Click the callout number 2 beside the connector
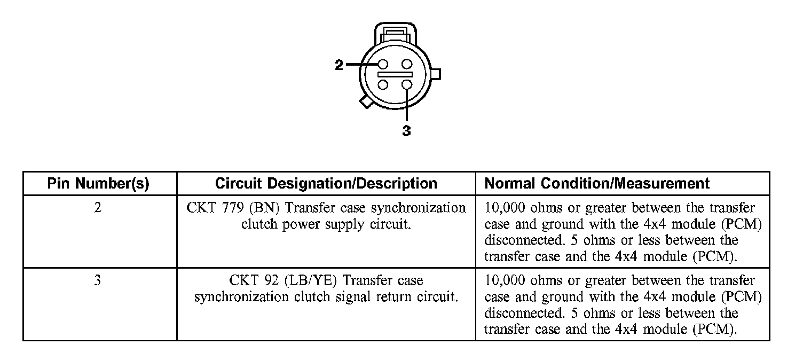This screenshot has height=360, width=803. pyautogui.click(x=339, y=65)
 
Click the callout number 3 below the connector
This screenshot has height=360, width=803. pyautogui.click(x=406, y=131)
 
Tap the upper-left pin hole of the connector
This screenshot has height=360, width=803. pyautogui.click(x=383, y=65)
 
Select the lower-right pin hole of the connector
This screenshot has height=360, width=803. pyautogui.click(x=407, y=84)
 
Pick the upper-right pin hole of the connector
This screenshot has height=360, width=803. pyautogui.click(x=407, y=65)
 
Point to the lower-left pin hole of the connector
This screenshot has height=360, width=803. pyautogui.click(x=383, y=84)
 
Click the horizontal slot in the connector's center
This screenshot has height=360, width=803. pyautogui.click(x=395, y=75)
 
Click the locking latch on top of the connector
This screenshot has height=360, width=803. pyautogui.click(x=394, y=33)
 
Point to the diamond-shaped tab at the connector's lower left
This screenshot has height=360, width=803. pyautogui.click(x=366, y=101)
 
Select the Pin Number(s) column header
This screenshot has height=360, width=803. pyautogui.click(x=98, y=184)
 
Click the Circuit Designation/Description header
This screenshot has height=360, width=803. pyautogui.click(x=326, y=184)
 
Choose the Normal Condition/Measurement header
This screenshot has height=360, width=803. pyautogui.click(x=597, y=184)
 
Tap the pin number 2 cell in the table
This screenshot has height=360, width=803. pyautogui.click(x=97, y=207)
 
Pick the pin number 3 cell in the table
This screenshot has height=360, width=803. pyautogui.click(x=97, y=280)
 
